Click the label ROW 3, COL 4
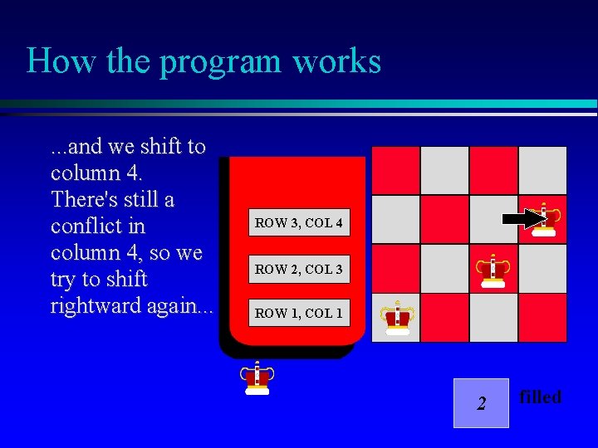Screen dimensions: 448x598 coord(298,222)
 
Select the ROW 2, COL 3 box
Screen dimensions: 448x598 coord(298,269)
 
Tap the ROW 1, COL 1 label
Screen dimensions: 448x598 coord(298,313)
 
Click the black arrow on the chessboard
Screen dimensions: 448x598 coord(522,219)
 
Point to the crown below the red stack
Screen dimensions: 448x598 coord(257,377)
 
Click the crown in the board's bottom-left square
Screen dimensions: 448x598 coord(397,318)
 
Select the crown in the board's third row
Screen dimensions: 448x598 coord(493,270)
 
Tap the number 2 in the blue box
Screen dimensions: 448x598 coord(481,404)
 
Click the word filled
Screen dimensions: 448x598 coord(541,397)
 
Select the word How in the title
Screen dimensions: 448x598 coord(54,61)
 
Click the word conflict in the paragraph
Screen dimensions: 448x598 coord(86,226)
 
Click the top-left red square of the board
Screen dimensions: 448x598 coord(396,171)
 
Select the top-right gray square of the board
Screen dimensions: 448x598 coord(542,171)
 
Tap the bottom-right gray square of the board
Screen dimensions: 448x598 coord(542,318)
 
